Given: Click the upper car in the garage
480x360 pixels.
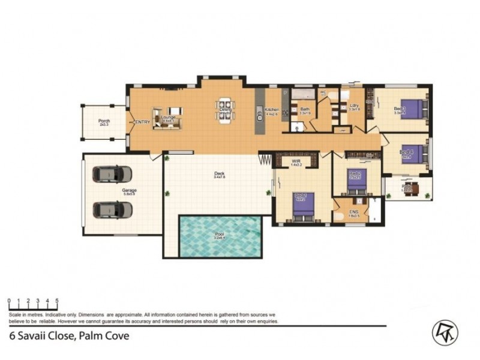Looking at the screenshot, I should click(112, 174).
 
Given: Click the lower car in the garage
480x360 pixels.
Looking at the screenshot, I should click(112, 210).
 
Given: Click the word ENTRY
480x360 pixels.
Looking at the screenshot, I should click(142, 122).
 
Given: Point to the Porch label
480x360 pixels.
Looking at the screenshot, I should click(104, 121).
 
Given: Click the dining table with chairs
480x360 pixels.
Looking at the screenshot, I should click(226, 110).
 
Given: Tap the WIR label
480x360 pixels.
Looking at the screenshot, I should click(295, 161).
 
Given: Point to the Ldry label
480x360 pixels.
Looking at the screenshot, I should click(354, 107).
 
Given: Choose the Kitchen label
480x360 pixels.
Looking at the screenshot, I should click(272, 109).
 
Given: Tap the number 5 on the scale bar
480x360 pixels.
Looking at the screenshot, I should click(56, 301).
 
